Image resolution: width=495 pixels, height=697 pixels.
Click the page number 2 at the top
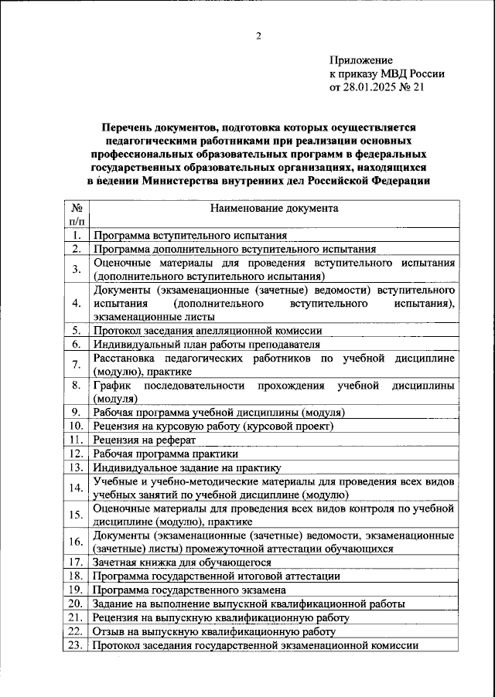(x=259, y=35)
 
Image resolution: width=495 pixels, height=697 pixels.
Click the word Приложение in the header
(x=361, y=60)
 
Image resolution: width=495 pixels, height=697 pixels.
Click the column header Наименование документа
(x=273, y=209)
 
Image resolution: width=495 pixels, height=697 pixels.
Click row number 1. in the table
(x=77, y=236)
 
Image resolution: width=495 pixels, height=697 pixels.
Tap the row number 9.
(x=77, y=413)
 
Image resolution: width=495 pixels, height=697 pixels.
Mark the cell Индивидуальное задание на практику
(x=186, y=467)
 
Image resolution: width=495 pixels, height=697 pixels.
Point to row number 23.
(x=77, y=645)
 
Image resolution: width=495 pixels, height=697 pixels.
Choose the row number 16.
(x=77, y=542)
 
